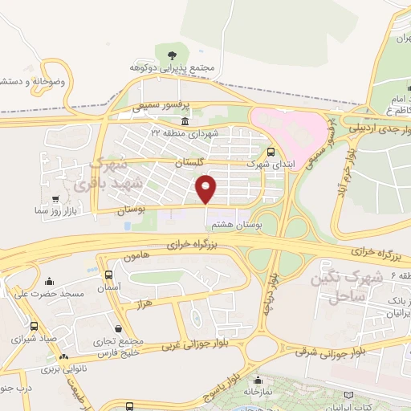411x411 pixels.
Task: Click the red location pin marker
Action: [206, 189]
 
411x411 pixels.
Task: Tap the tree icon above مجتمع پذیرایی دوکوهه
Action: [172, 55]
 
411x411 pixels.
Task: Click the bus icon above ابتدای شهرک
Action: [270, 151]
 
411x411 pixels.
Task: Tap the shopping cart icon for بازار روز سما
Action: [55, 199]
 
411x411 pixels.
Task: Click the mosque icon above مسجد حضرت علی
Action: [51, 281]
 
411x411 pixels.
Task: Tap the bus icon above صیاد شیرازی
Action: [34, 327]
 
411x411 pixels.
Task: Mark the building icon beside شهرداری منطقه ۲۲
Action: [185, 121]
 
